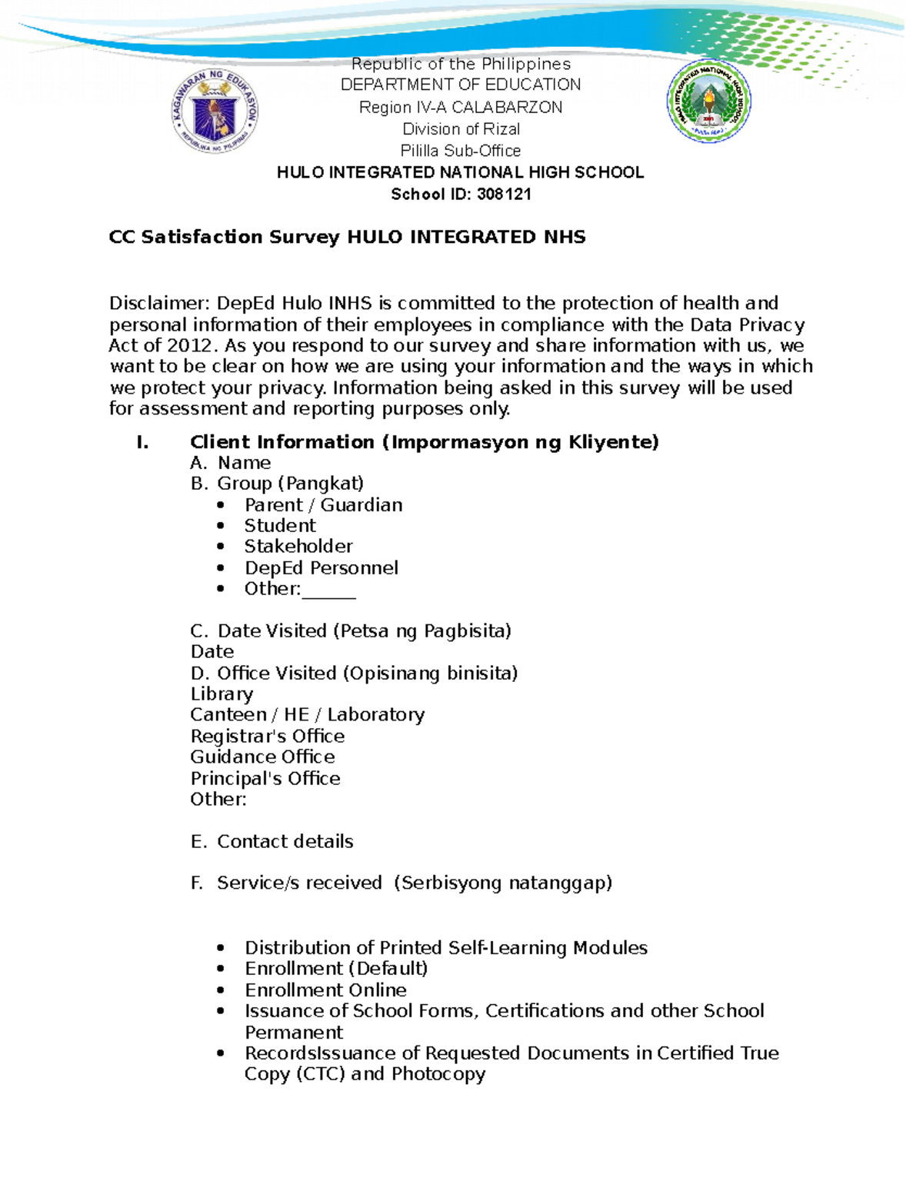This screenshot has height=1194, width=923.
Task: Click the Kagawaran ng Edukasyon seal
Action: [x=215, y=110]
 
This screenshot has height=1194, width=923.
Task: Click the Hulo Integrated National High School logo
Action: [x=708, y=101]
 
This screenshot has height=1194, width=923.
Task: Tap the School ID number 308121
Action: [x=503, y=195]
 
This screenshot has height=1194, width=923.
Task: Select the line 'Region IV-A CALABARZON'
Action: [x=460, y=108]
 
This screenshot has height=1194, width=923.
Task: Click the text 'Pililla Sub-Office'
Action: [x=460, y=151]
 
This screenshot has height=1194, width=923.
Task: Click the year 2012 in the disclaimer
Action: [x=188, y=346]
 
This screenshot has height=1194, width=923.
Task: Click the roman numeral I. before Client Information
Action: [x=142, y=442]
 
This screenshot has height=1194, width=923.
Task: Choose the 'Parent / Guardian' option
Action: [x=323, y=505]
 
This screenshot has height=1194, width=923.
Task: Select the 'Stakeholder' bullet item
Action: [x=298, y=547]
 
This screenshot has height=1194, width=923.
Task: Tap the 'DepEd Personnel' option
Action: [x=321, y=568]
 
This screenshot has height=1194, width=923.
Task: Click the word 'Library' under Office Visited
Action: [x=222, y=694]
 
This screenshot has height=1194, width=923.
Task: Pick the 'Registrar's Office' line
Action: [x=267, y=737]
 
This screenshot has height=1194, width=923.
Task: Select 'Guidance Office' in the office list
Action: [x=262, y=757]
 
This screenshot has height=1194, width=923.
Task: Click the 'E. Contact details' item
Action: [x=272, y=842]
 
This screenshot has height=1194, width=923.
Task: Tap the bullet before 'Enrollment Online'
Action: [x=222, y=991]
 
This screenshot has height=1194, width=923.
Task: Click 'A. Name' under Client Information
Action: [x=230, y=463]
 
